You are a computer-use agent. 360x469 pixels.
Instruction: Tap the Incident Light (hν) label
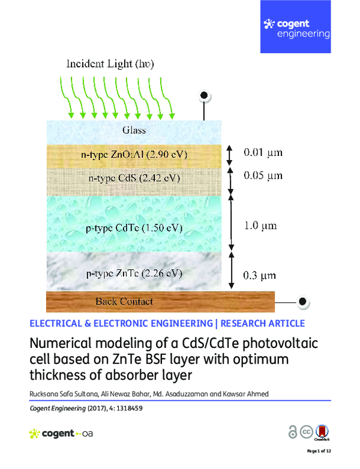116,64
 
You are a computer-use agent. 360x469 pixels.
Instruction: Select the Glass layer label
134,130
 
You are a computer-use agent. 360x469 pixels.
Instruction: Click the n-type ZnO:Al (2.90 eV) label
134,155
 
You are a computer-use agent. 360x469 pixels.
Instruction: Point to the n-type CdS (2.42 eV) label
134,179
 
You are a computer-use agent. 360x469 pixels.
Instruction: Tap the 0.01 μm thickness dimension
262,153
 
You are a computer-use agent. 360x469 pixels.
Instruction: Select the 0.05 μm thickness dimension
262,176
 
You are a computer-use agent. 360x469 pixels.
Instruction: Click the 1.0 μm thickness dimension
260,226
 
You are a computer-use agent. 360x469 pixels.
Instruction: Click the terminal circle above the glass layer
204,95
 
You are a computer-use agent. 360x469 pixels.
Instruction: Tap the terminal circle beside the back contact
303,301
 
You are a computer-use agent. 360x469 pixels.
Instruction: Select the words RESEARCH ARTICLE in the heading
263,323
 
